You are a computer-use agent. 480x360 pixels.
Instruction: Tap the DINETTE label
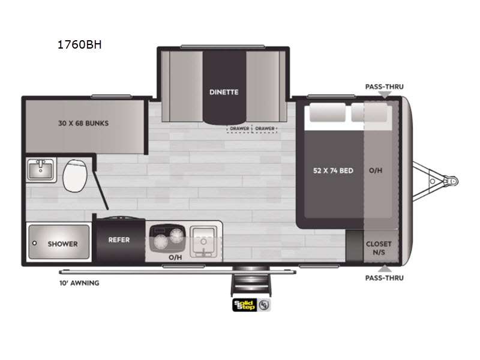point(224,92)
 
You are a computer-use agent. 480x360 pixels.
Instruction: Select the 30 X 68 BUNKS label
point(84,124)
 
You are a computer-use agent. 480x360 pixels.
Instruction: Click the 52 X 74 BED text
point(333,170)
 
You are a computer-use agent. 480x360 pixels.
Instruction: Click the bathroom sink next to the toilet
point(40,170)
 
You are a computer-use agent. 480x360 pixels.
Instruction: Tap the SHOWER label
point(63,244)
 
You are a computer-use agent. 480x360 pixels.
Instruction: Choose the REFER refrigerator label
point(119,240)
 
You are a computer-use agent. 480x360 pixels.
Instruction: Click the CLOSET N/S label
point(379,248)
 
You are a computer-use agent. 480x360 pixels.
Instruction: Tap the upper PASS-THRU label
point(384,86)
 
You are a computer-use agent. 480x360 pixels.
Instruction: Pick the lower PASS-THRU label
point(384,278)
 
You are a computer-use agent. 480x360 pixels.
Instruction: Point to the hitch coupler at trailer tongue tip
point(455,179)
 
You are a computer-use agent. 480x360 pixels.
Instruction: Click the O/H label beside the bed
point(376,170)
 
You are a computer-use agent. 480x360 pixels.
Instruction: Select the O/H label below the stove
point(175,257)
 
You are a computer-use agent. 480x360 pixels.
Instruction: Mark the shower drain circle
point(34,243)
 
